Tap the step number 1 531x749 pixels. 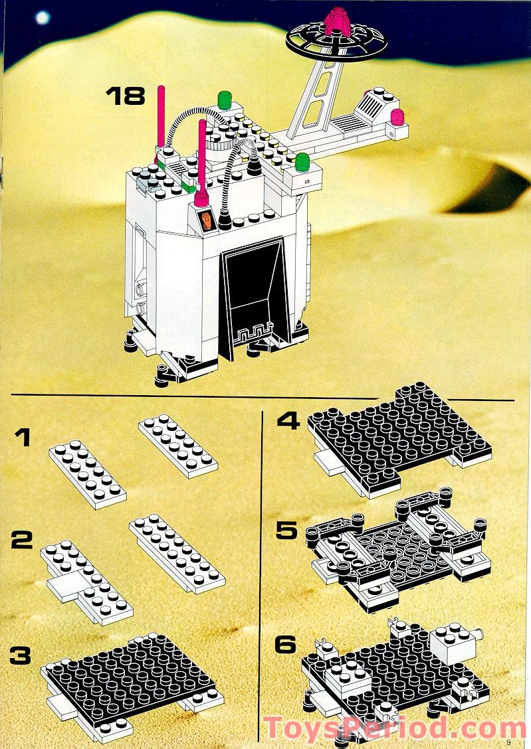click(x=23, y=438)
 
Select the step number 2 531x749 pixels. click(x=22, y=540)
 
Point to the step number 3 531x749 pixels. click(x=22, y=655)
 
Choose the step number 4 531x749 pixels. click(x=288, y=421)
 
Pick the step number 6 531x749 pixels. click(x=286, y=643)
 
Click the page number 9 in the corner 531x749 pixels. click(x=508, y=742)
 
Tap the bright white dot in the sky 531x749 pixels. click(x=43, y=18)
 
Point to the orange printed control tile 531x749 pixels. click(x=207, y=220)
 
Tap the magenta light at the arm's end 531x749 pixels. click(x=397, y=118)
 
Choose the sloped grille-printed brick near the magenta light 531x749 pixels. click(x=373, y=104)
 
